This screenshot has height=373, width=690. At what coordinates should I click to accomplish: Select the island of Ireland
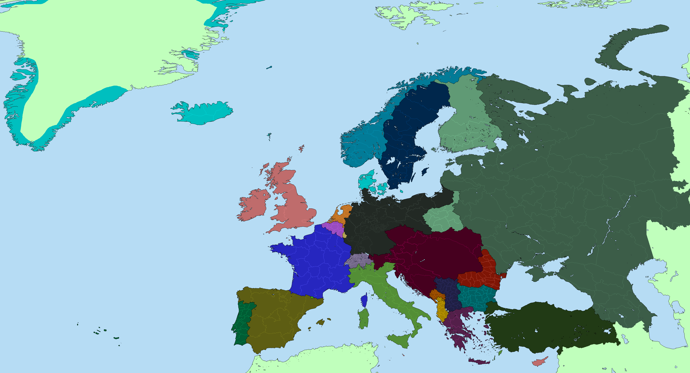253,205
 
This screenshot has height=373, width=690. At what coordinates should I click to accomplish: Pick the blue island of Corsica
364,300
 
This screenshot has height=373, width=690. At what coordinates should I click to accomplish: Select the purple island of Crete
479,362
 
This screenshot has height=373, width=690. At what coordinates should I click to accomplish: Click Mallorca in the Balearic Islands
320,322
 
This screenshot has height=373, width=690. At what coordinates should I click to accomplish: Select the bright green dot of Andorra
312,297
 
